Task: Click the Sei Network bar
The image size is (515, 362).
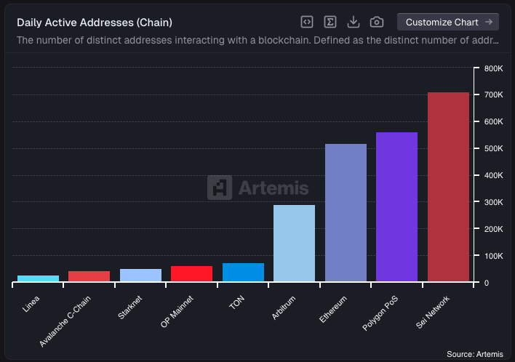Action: tap(448, 187)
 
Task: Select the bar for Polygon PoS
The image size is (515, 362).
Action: tap(396, 207)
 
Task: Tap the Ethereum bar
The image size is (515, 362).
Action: tap(346, 213)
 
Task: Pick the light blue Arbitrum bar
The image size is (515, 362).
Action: tap(294, 244)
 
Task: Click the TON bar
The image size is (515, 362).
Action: tap(243, 273)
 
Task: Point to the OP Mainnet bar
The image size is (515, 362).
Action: tap(191, 274)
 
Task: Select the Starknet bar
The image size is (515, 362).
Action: tap(140, 275)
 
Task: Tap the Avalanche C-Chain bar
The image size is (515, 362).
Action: tap(89, 276)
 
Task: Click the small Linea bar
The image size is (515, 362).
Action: tap(38, 278)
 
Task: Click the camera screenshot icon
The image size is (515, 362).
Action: tap(376, 22)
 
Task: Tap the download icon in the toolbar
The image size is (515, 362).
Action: tap(354, 22)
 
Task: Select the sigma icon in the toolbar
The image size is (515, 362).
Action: tap(330, 22)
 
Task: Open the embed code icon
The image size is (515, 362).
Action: tap(307, 22)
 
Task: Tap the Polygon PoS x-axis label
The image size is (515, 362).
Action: tap(381, 313)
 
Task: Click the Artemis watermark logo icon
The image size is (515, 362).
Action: tap(219, 188)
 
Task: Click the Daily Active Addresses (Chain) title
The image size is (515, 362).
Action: tap(95, 23)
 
